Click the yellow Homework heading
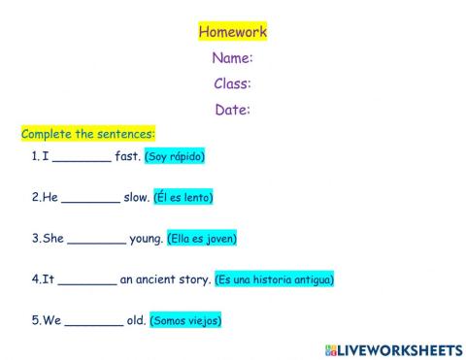(232, 32)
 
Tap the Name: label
(232, 58)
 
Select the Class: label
(232, 83)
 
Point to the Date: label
(232, 110)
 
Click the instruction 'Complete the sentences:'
(87, 134)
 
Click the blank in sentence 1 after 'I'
(82, 157)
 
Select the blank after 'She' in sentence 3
(97, 239)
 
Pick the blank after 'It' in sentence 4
(87, 280)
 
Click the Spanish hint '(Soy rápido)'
(175, 156)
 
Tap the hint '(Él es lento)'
(183, 197)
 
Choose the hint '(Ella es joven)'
(202, 238)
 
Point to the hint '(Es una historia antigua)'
(275, 279)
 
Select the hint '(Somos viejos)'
(185, 320)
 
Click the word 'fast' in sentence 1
(127, 156)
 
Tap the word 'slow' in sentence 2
(136, 197)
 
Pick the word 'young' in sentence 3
(146, 239)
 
